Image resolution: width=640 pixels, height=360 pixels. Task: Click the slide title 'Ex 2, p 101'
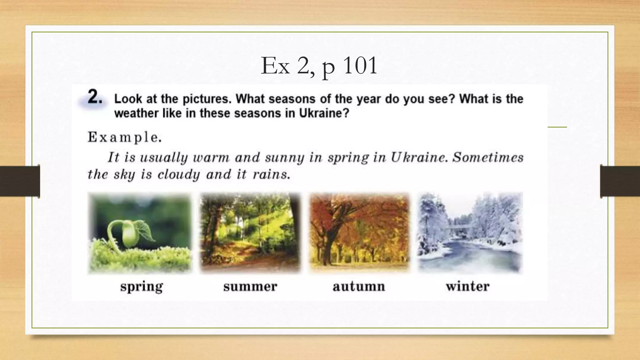click(319, 66)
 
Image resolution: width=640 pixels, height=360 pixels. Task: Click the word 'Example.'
click(125, 137)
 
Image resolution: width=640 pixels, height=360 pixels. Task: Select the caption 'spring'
click(142, 286)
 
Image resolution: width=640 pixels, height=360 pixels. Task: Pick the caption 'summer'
click(250, 286)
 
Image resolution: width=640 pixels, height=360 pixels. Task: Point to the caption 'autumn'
click(359, 286)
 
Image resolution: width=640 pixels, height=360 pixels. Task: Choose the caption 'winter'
click(467, 286)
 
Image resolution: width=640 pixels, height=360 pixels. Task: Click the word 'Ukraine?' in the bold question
click(324, 113)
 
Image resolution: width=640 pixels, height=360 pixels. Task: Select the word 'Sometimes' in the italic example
click(488, 157)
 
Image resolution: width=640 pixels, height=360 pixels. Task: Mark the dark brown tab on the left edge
click(20, 181)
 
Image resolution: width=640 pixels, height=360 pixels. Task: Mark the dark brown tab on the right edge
click(620, 181)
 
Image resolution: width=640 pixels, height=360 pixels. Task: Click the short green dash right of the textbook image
click(557, 127)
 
